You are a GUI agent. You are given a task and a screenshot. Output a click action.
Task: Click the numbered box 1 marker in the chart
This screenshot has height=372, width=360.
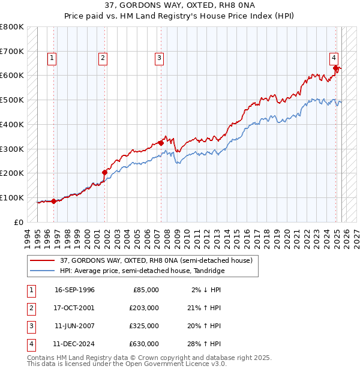pos(52,58)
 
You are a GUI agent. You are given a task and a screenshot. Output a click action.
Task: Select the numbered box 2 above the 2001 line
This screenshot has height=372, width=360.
pos(103,58)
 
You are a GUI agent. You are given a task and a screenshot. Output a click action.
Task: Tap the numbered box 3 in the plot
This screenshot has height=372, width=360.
pos(159,58)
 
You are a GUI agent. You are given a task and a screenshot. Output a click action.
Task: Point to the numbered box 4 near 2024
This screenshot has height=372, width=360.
pos(333,58)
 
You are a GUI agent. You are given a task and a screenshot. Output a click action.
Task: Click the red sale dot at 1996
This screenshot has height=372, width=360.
pos(54,201)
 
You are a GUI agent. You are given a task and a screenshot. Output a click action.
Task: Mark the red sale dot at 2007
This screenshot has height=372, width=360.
pos(161,143)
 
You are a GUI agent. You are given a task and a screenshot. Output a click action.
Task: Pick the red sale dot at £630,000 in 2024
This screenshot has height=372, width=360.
pos(336,68)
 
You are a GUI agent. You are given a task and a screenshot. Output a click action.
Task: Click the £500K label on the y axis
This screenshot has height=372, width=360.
pos(13,100)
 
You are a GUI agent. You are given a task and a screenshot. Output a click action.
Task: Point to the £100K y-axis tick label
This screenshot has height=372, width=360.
pos(13,197)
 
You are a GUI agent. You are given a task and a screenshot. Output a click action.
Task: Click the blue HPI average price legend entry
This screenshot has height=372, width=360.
pos(142,271)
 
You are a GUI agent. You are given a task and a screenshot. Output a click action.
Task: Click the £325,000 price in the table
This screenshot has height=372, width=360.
pos(144,326)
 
